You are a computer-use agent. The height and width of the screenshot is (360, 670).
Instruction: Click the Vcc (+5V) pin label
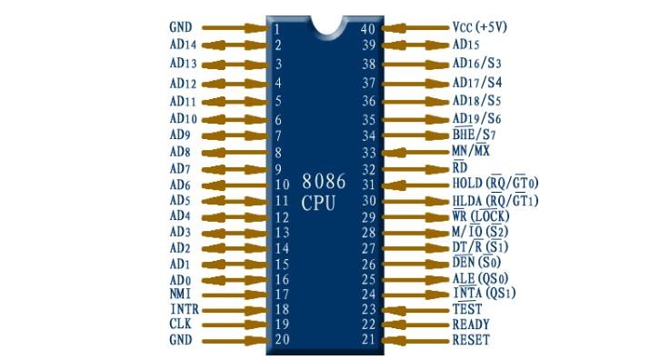coord(479,27)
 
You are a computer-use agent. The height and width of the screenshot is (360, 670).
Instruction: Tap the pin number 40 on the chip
coord(368,29)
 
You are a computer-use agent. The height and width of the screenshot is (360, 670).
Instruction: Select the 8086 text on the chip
coord(324,181)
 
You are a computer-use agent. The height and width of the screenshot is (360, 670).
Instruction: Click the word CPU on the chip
coord(318,203)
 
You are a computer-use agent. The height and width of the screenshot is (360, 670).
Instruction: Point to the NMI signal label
coord(180,294)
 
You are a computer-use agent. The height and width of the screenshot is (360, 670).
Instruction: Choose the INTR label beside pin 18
coord(185,309)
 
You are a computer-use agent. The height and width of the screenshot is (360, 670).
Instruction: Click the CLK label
coord(180,324)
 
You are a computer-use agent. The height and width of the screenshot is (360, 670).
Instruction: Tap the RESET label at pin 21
coord(471,340)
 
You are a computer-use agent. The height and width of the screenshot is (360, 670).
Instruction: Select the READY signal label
coord(471,325)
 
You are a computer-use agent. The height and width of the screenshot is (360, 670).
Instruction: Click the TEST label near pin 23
coord(467,309)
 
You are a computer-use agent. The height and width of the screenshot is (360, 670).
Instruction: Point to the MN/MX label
coord(471,150)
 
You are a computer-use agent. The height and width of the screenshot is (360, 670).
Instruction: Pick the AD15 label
coord(465,45)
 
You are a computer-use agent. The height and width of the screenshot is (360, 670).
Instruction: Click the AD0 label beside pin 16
coord(180,280)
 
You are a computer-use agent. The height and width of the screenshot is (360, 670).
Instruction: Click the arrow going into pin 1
coord(235,28)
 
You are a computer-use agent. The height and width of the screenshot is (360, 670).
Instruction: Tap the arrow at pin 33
coord(415,152)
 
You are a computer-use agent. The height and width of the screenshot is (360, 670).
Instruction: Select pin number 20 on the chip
coord(282,339)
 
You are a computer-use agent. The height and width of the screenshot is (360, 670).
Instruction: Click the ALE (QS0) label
coord(480,278)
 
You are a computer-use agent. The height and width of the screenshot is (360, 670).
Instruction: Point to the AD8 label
coord(180,152)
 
